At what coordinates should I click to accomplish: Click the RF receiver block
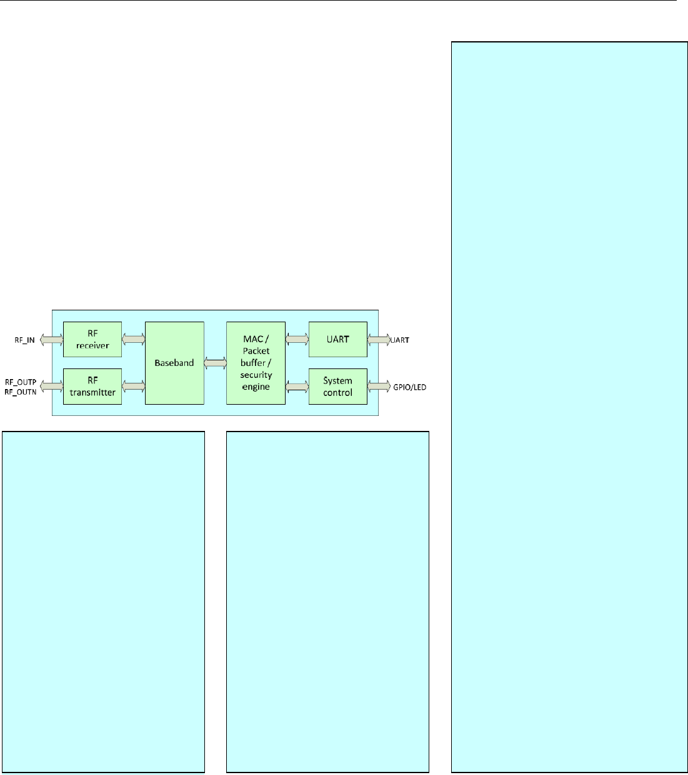(x=92, y=339)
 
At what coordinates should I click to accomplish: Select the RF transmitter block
(x=92, y=387)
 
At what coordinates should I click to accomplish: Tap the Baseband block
(x=174, y=363)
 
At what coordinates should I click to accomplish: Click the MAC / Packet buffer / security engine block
(x=256, y=363)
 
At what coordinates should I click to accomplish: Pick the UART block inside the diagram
(x=337, y=339)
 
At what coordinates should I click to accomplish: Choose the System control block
(x=337, y=387)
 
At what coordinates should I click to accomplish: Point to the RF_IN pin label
(x=25, y=340)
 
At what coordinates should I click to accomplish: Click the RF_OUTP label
(x=21, y=382)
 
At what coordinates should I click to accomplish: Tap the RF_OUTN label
(x=21, y=391)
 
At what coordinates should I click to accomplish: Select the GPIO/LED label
(x=410, y=387)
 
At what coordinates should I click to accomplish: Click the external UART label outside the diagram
(x=401, y=340)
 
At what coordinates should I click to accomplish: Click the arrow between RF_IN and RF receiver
(x=51, y=340)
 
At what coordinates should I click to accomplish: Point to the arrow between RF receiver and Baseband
(x=133, y=339)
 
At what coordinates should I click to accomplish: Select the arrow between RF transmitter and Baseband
(x=133, y=387)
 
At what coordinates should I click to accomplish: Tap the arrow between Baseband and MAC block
(x=215, y=363)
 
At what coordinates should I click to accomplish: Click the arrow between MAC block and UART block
(x=297, y=339)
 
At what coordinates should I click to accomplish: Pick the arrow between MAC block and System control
(x=297, y=387)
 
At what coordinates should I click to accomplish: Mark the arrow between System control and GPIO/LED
(x=379, y=387)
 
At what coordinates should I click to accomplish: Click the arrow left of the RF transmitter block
(x=51, y=387)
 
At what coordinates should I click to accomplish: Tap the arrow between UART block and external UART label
(x=379, y=340)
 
